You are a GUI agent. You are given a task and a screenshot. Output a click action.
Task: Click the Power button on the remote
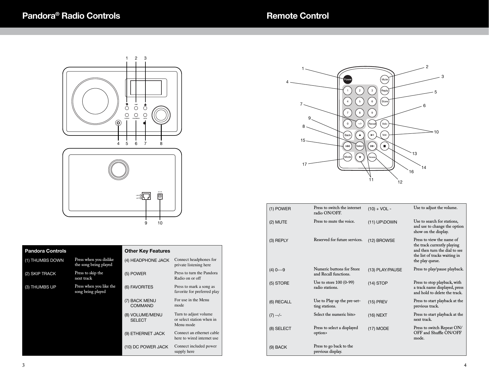click(x=347, y=79)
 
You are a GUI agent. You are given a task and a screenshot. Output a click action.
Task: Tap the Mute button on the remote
click(x=384, y=79)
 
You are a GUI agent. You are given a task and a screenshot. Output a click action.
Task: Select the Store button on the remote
click(x=384, y=101)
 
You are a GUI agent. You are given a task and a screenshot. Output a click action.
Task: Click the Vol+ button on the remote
click(x=384, y=124)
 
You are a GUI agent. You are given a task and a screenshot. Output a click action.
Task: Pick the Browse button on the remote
click(x=372, y=157)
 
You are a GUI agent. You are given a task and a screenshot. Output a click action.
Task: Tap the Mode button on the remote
click(x=347, y=157)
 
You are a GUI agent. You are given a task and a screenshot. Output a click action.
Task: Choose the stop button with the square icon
click(x=384, y=146)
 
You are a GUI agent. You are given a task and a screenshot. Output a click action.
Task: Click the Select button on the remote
click(x=360, y=146)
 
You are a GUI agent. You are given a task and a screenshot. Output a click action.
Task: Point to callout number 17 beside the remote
click(x=304, y=164)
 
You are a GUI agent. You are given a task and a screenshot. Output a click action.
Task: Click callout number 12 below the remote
click(x=400, y=182)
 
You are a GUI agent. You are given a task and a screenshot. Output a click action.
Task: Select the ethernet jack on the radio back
click(x=147, y=196)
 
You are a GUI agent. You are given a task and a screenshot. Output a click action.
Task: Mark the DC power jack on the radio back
click(x=160, y=196)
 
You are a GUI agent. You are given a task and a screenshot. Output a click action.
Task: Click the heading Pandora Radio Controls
click(x=71, y=16)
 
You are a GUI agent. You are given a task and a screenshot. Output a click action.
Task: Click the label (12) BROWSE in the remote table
click(x=381, y=240)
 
